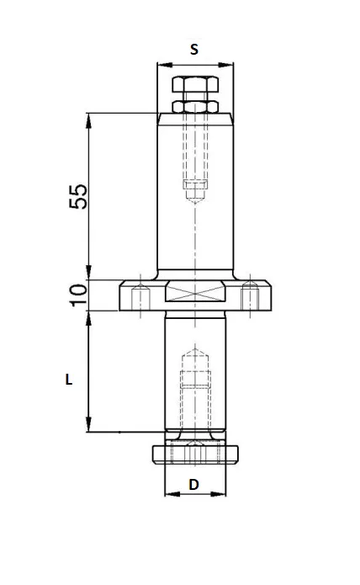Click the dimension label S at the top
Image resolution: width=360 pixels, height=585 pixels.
coord(194,50)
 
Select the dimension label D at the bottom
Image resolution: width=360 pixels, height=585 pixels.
coord(193,485)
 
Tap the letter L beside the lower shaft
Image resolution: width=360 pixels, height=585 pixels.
coord(69,380)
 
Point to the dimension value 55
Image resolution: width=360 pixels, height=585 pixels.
coord(77,198)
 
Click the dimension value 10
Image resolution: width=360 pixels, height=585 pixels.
coord(77,294)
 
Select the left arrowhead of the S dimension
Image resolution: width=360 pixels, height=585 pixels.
coord(161,64)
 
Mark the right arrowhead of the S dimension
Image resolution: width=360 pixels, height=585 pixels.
coord(230,64)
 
